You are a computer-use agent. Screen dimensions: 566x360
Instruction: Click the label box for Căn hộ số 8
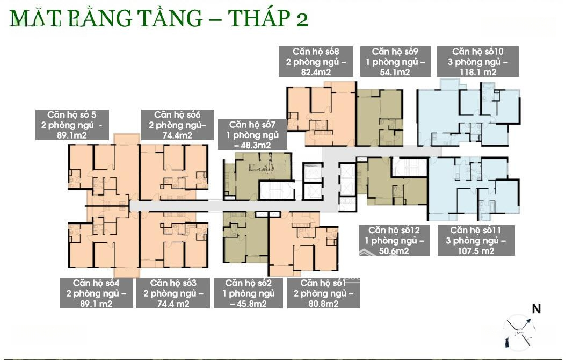pos(316,61)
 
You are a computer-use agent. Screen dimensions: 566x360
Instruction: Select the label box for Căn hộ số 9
pos(395,61)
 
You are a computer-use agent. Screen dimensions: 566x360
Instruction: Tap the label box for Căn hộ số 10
pos(478,61)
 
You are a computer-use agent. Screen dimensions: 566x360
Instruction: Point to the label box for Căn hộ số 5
pos(72,125)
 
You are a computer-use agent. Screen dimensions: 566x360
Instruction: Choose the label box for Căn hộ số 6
pos(178,125)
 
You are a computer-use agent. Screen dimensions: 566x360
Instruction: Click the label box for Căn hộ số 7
pos(253,135)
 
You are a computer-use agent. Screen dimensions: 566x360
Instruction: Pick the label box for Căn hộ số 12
pos(394,241)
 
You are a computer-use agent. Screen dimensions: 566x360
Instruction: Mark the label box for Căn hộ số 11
pos(476,241)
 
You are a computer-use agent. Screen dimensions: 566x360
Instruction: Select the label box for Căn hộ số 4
pos(96,293)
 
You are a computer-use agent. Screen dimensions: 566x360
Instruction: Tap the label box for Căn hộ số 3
pos(173,293)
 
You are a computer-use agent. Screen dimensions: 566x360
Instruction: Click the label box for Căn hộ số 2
pos(248,293)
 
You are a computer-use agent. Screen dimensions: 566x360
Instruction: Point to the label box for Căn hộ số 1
pos(324,293)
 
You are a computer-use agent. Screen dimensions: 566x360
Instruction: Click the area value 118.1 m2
pos(478,72)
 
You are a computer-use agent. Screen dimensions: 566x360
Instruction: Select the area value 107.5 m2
pos(476,251)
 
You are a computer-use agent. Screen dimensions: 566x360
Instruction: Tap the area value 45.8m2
pos(248,304)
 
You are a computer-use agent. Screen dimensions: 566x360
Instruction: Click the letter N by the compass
pos(536,309)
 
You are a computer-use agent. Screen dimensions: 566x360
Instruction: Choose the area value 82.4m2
pos(316,72)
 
